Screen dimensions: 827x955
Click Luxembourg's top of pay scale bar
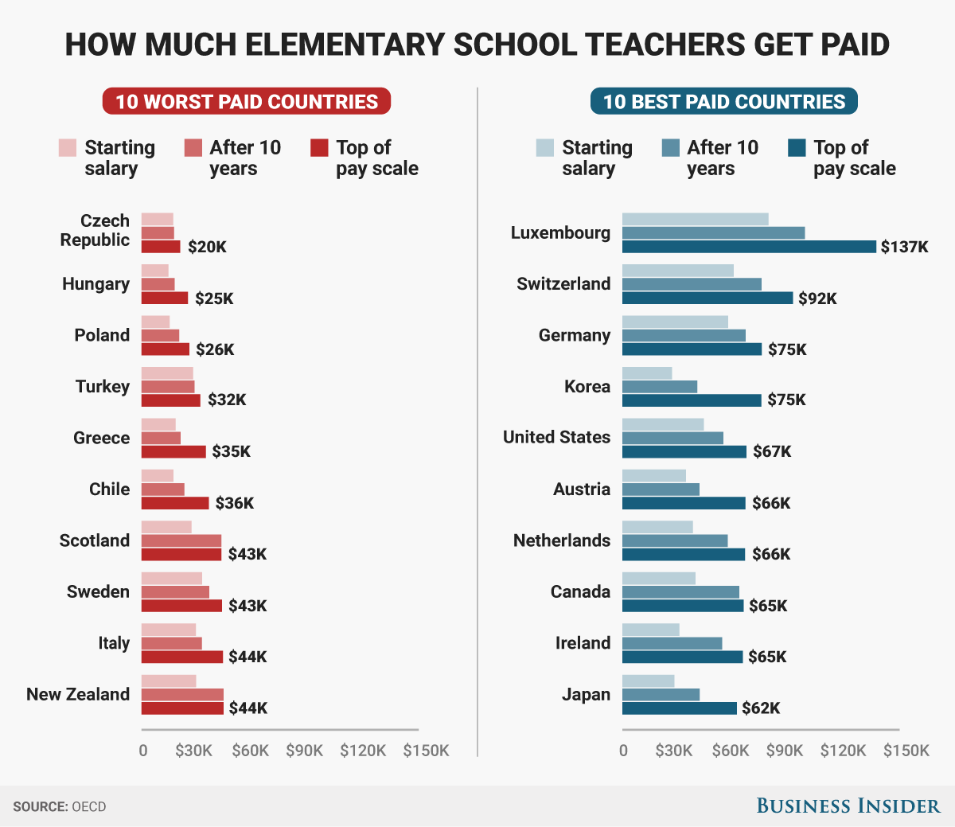[748, 247]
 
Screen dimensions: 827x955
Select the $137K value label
[904, 247]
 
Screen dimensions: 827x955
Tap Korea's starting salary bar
[647, 373]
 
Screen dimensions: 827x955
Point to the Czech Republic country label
[95, 230]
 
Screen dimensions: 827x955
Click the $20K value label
[207, 247]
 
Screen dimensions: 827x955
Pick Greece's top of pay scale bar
[173, 451]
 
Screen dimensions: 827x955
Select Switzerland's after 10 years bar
[692, 284]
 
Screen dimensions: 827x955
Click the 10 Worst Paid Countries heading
[247, 102]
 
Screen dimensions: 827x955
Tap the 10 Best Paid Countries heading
[723, 102]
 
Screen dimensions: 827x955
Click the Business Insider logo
[848, 806]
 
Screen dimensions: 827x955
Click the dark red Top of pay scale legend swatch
[319, 148]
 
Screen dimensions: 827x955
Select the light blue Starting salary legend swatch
[545, 148]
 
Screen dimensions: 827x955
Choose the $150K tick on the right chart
[906, 751]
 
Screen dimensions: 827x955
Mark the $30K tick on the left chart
[193, 751]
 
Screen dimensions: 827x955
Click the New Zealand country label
[78, 694]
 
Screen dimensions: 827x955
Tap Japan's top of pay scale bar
[679, 708]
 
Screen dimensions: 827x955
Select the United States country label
[556, 437]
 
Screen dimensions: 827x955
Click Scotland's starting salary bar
[166, 527]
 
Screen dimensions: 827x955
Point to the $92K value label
[818, 298]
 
